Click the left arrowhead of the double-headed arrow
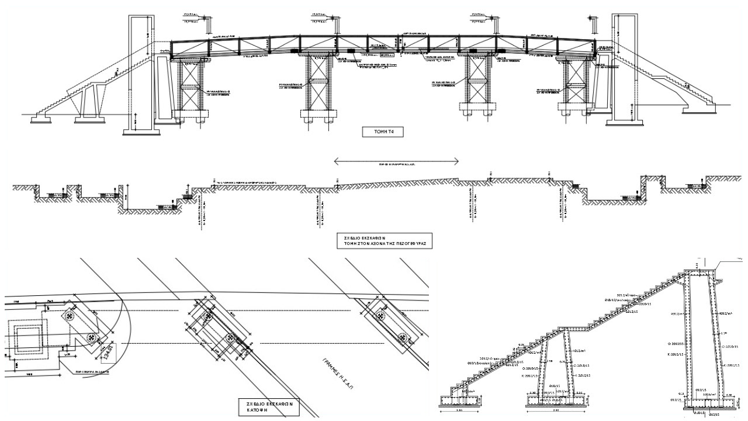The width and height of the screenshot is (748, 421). point(336,161)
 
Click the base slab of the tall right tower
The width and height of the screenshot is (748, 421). point(625,122)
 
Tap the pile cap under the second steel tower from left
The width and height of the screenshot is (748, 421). point(318,113)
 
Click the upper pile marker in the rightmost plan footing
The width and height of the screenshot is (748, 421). point(382,316)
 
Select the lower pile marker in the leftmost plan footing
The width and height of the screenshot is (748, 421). point(92,338)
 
